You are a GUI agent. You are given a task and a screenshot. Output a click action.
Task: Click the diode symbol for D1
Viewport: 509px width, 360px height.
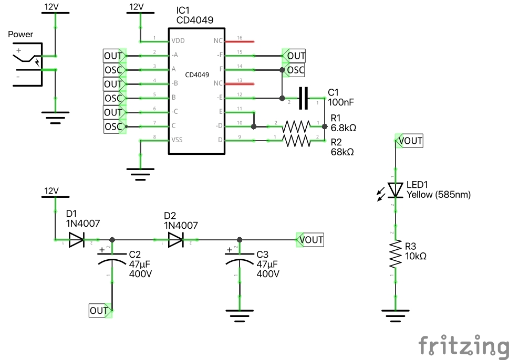pyautogui.click(x=76, y=240)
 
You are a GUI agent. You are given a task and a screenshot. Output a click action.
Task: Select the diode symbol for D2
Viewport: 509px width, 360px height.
pyautogui.click(x=175, y=240)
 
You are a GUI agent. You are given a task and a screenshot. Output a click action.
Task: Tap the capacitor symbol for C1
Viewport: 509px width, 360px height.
pyautogui.click(x=303, y=98)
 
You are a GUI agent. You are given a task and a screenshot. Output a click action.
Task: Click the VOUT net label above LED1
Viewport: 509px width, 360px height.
pyautogui.click(x=410, y=141)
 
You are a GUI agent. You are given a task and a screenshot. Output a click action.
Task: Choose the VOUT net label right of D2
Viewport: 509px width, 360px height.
pyautogui.click(x=311, y=240)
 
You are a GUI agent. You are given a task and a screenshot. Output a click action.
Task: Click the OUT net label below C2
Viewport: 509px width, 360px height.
pyautogui.click(x=100, y=311)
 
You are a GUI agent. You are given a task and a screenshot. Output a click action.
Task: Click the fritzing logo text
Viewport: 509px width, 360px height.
pyautogui.click(x=463, y=346)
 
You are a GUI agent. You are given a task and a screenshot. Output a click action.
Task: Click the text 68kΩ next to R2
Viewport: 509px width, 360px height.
pyautogui.click(x=342, y=152)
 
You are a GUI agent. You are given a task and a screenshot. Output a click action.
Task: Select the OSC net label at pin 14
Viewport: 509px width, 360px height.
pyautogui.click(x=295, y=70)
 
